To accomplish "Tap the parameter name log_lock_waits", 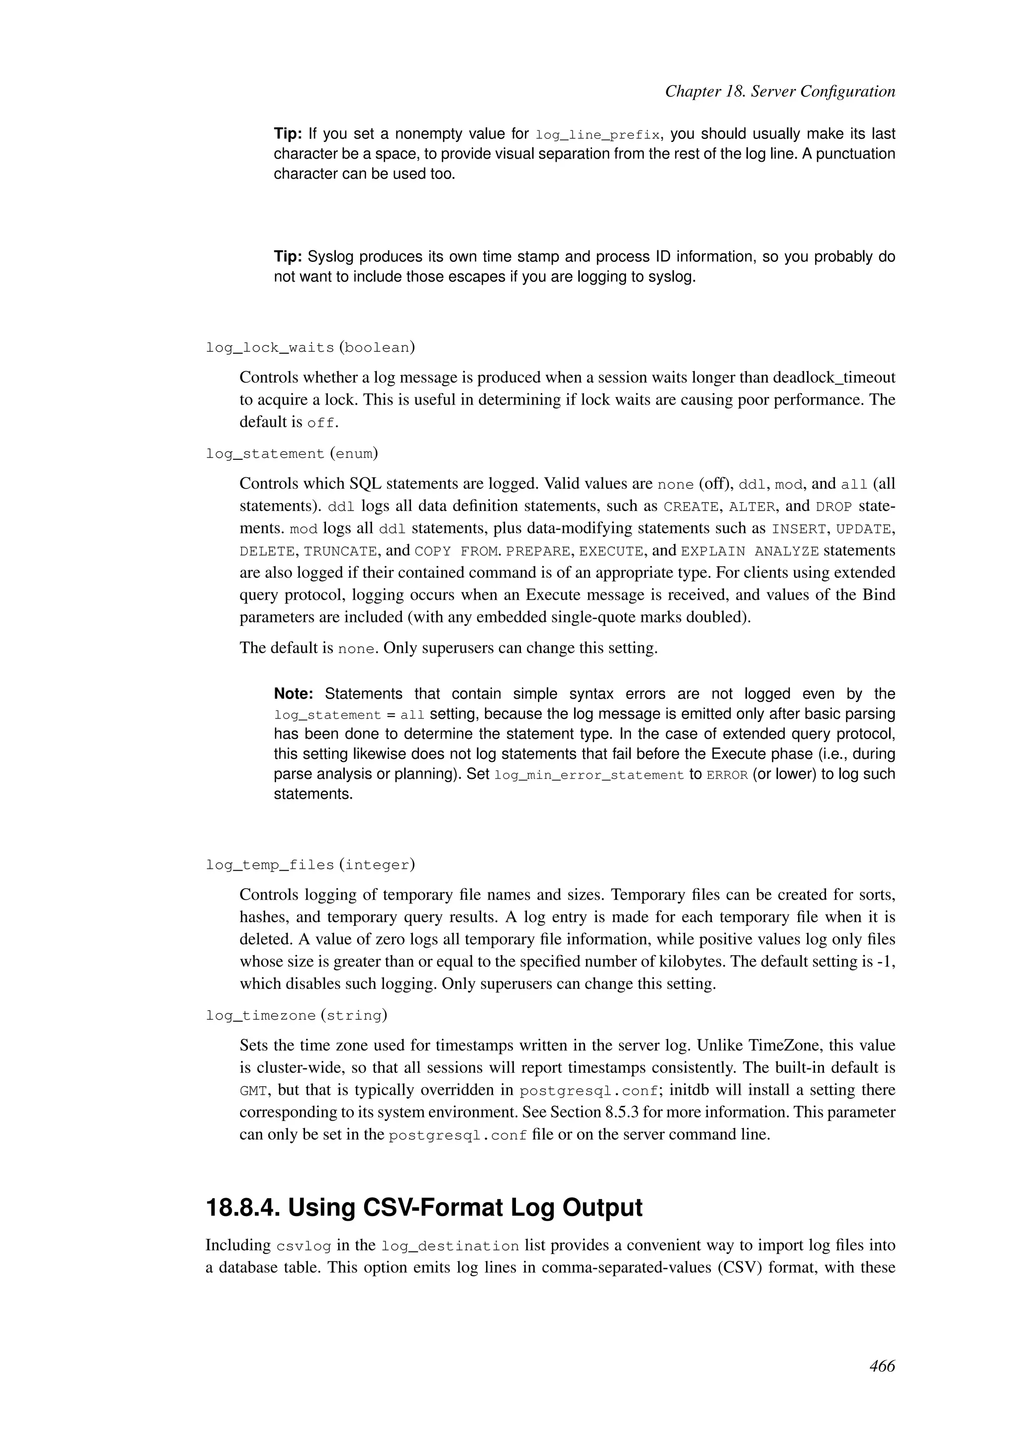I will click(x=270, y=347).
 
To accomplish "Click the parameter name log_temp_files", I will click(x=270, y=865).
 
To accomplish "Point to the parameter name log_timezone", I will click(x=260, y=1015).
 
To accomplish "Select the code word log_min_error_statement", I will click(x=589, y=775).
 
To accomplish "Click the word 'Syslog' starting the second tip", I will click(x=331, y=257).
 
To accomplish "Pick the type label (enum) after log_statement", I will click(x=353, y=453).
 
